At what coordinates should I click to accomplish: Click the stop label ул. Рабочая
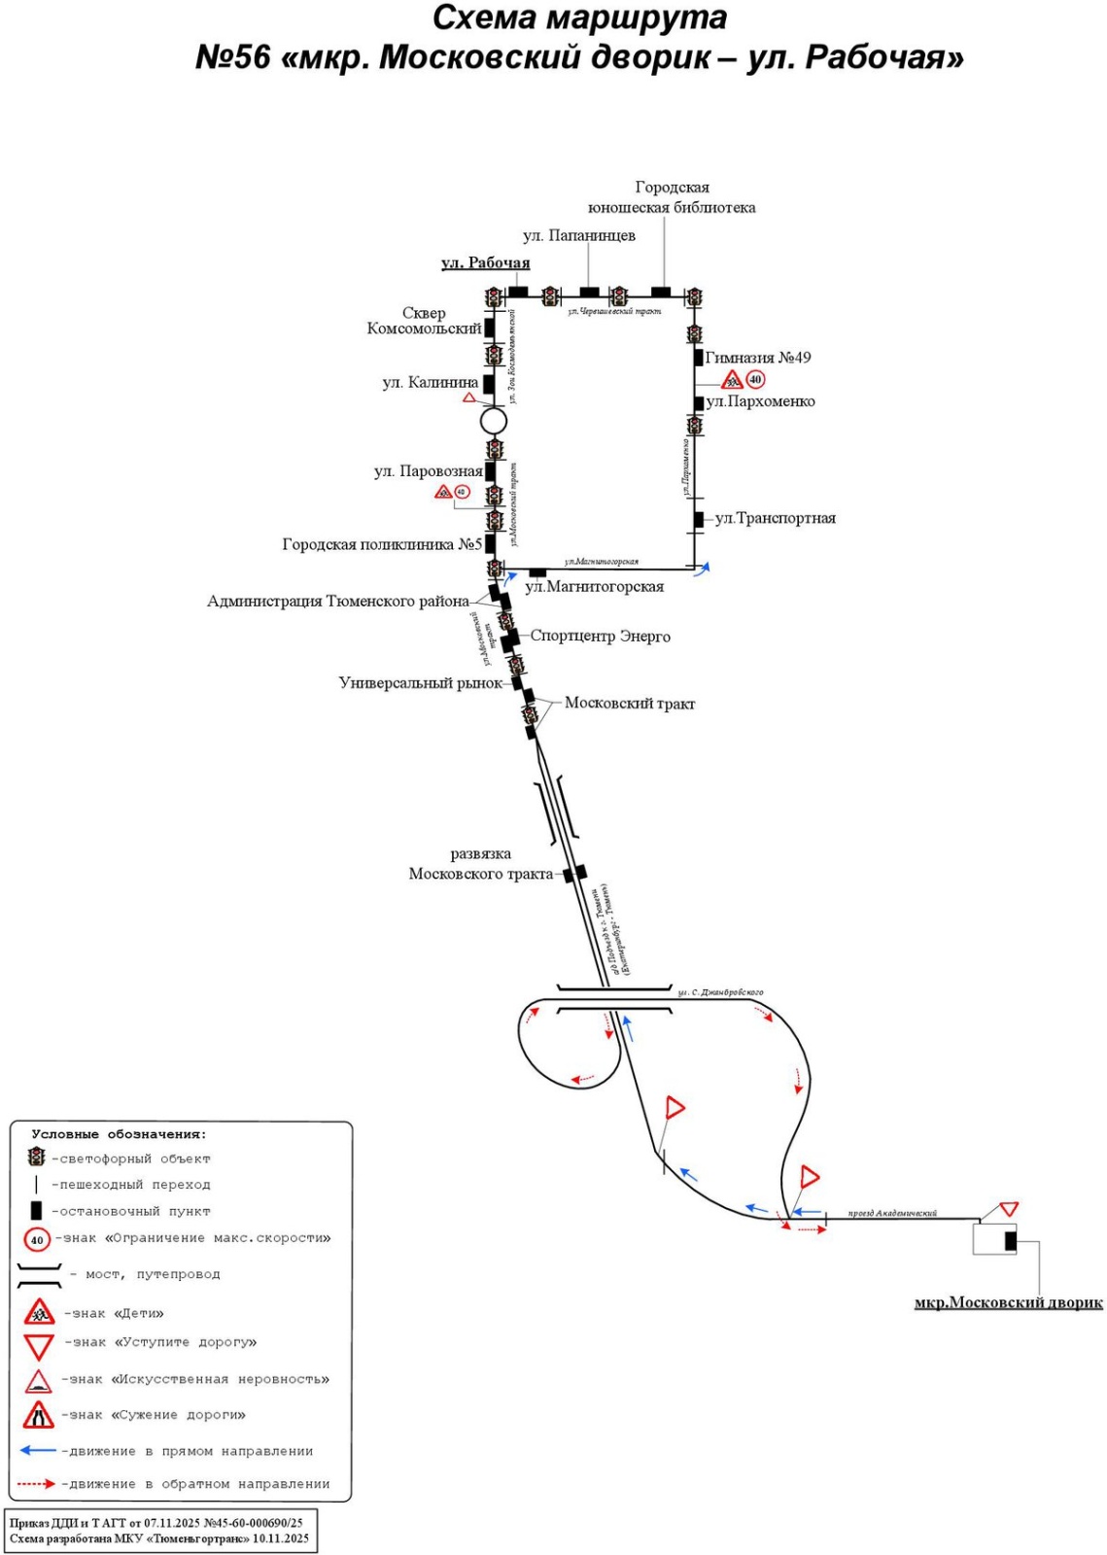tap(485, 262)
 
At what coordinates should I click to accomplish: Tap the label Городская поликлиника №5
tap(382, 544)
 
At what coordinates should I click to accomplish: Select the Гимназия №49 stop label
tap(758, 358)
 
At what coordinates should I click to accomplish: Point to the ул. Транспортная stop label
tap(776, 518)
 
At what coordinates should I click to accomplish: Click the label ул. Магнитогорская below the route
tap(594, 587)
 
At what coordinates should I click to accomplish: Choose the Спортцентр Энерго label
tap(600, 637)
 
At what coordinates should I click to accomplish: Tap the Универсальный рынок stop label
tap(420, 683)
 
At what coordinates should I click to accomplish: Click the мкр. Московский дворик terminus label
tap(1008, 1302)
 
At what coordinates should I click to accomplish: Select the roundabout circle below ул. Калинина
tap(494, 421)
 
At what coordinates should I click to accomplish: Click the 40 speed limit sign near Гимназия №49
tap(755, 380)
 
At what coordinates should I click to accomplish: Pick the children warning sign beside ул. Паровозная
tap(443, 492)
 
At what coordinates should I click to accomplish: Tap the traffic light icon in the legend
tap(36, 1157)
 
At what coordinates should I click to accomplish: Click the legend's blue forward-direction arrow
tap(38, 1450)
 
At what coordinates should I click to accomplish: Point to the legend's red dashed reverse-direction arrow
tap(37, 1484)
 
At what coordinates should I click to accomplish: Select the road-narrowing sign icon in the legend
tap(38, 1415)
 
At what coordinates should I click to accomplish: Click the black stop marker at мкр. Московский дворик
tap(1010, 1240)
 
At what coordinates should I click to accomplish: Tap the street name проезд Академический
tap(891, 1213)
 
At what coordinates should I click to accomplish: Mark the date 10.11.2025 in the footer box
tap(281, 1538)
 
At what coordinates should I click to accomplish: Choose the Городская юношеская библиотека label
tap(672, 197)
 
